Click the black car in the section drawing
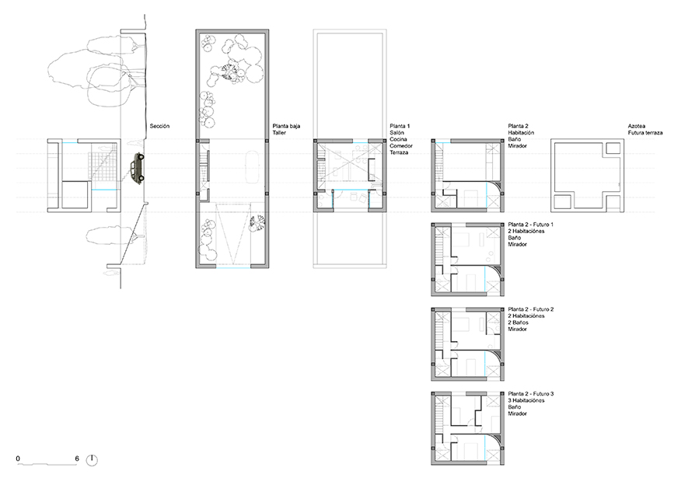tap(138, 169)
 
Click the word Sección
tap(159, 127)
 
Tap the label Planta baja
tap(286, 127)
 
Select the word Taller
tap(279, 133)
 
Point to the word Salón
tap(397, 133)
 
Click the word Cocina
tap(398, 139)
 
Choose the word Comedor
tap(401, 146)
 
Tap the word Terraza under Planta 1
tap(399, 153)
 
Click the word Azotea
tap(636, 127)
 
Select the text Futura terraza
tap(645, 133)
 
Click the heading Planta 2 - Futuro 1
tap(531, 225)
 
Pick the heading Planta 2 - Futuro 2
tap(531, 309)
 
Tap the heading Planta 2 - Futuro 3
tap(531, 394)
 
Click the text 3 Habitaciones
tap(526, 400)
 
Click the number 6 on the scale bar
tap(77, 459)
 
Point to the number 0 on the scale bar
tap(18, 459)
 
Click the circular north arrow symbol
tap(92, 460)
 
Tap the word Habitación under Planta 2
tap(521, 133)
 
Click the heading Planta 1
tap(400, 127)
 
